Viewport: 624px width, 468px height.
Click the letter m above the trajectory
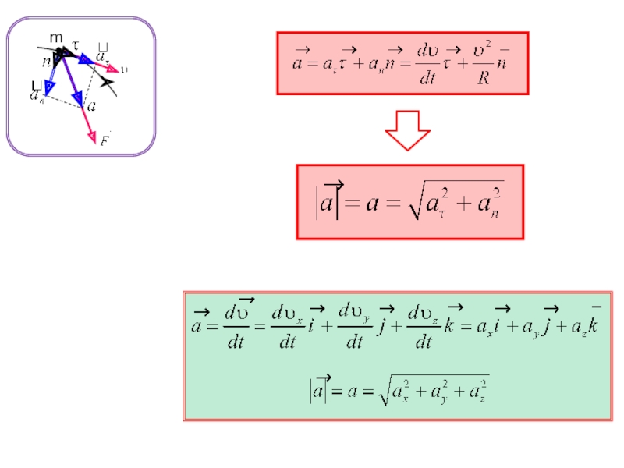pyautogui.click(x=55, y=37)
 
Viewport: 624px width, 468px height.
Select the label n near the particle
pyautogui.click(x=47, y=61)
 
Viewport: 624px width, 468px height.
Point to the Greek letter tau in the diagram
pyautogui.click(x=76, y=45)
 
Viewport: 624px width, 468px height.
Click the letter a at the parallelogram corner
pyautogui.click(x=92, y=106)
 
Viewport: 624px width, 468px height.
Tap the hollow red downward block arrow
pyautogui.click(x=408, y=130)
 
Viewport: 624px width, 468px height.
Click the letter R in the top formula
pyautogui.click(x=484, y=80)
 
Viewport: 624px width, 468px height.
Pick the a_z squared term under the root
pyautogui.click(x=476, y=391)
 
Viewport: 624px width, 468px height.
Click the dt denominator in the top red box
pyautogui.click(x=427, y=78)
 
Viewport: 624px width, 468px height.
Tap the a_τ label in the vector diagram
pyautogui.click(x=102, y=55)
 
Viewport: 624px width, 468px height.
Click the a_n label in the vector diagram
pyautogui.click(x=37, y=95)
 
